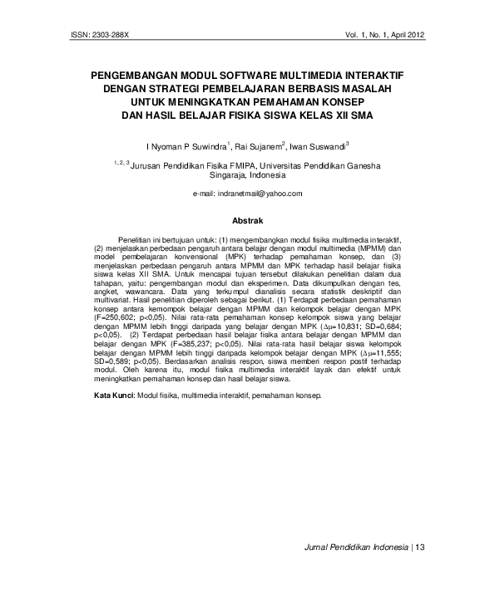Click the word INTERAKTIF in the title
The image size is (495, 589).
pos(369,75)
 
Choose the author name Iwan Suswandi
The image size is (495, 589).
pos(320,145)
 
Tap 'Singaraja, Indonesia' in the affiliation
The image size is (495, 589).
pos(246,176)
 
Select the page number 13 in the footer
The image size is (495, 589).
pos(419,547)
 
